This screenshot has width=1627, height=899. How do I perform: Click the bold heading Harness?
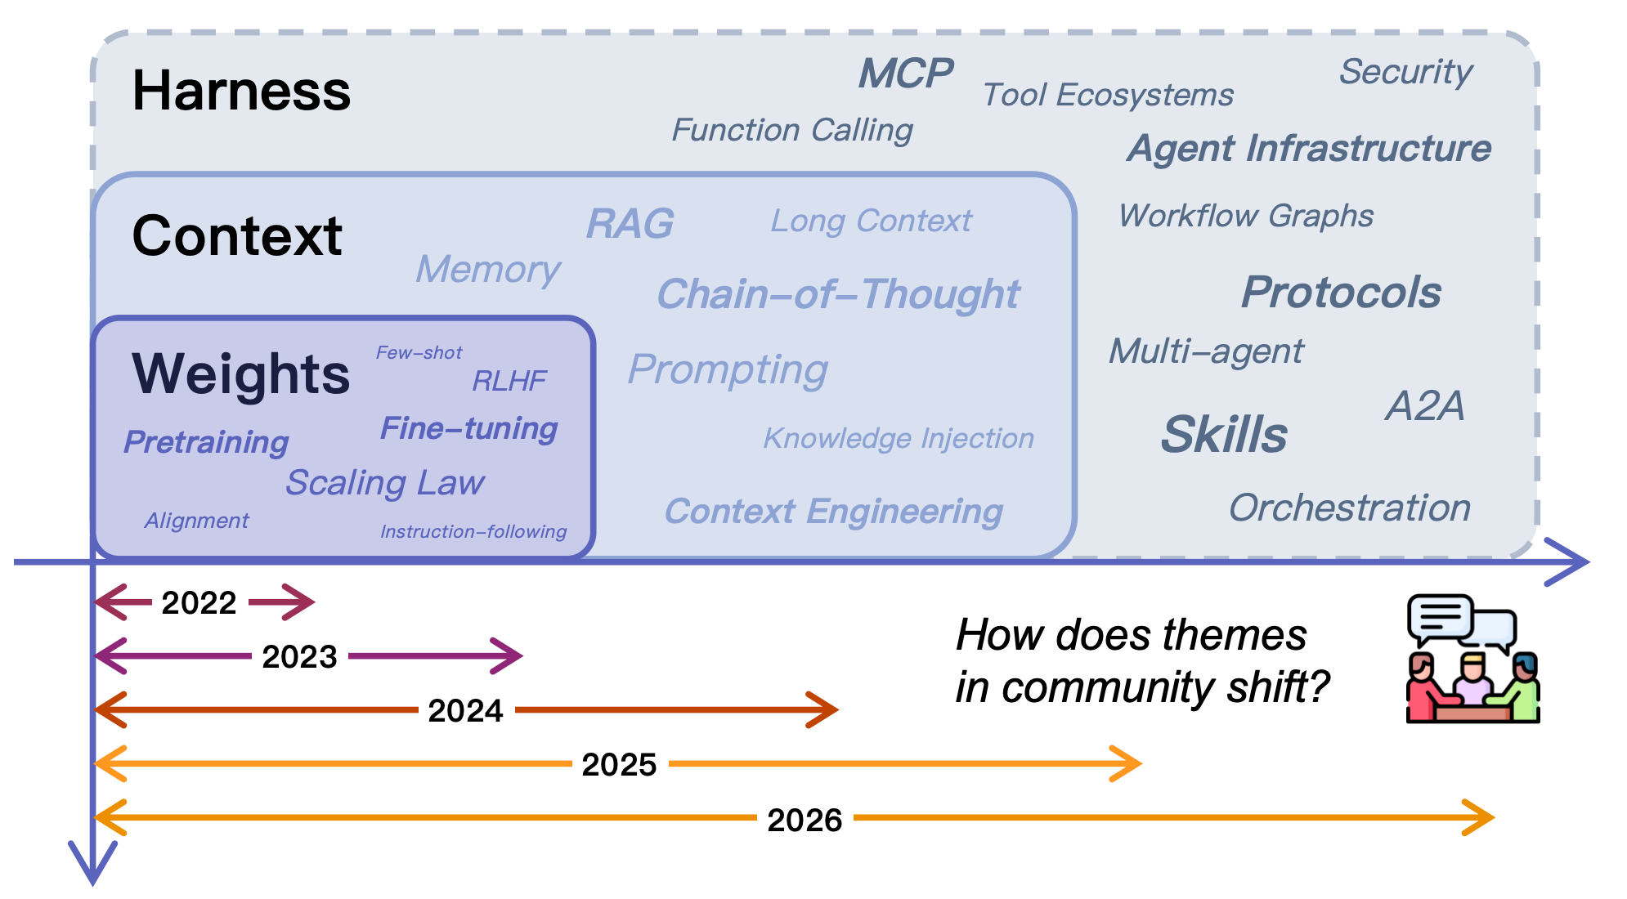click(241, 91)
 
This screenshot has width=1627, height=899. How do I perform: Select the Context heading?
click(237, 236)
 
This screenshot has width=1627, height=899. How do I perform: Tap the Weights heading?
click(241, 374)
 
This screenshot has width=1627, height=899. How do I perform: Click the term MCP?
click(905, 74)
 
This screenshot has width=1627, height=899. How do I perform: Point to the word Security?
click(1405, 72)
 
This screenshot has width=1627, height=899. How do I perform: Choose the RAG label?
click(630, 224)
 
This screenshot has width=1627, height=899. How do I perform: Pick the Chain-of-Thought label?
click(838, 294)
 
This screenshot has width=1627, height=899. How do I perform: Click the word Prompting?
click(728, 369)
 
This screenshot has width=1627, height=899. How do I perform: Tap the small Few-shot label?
click(419, 353)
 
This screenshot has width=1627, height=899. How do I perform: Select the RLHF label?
click(509, 381)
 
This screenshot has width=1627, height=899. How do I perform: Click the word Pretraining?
click(206, 442)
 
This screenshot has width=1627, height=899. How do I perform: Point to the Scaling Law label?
click(384, 483)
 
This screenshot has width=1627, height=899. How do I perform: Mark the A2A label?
click(1424, 406)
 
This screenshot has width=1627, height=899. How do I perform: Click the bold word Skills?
click(1224, 434)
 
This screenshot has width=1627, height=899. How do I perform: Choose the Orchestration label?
click(1350, 508)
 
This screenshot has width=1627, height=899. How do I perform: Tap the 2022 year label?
click(199, 603)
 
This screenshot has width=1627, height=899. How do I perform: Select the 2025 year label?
click(619, 765)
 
